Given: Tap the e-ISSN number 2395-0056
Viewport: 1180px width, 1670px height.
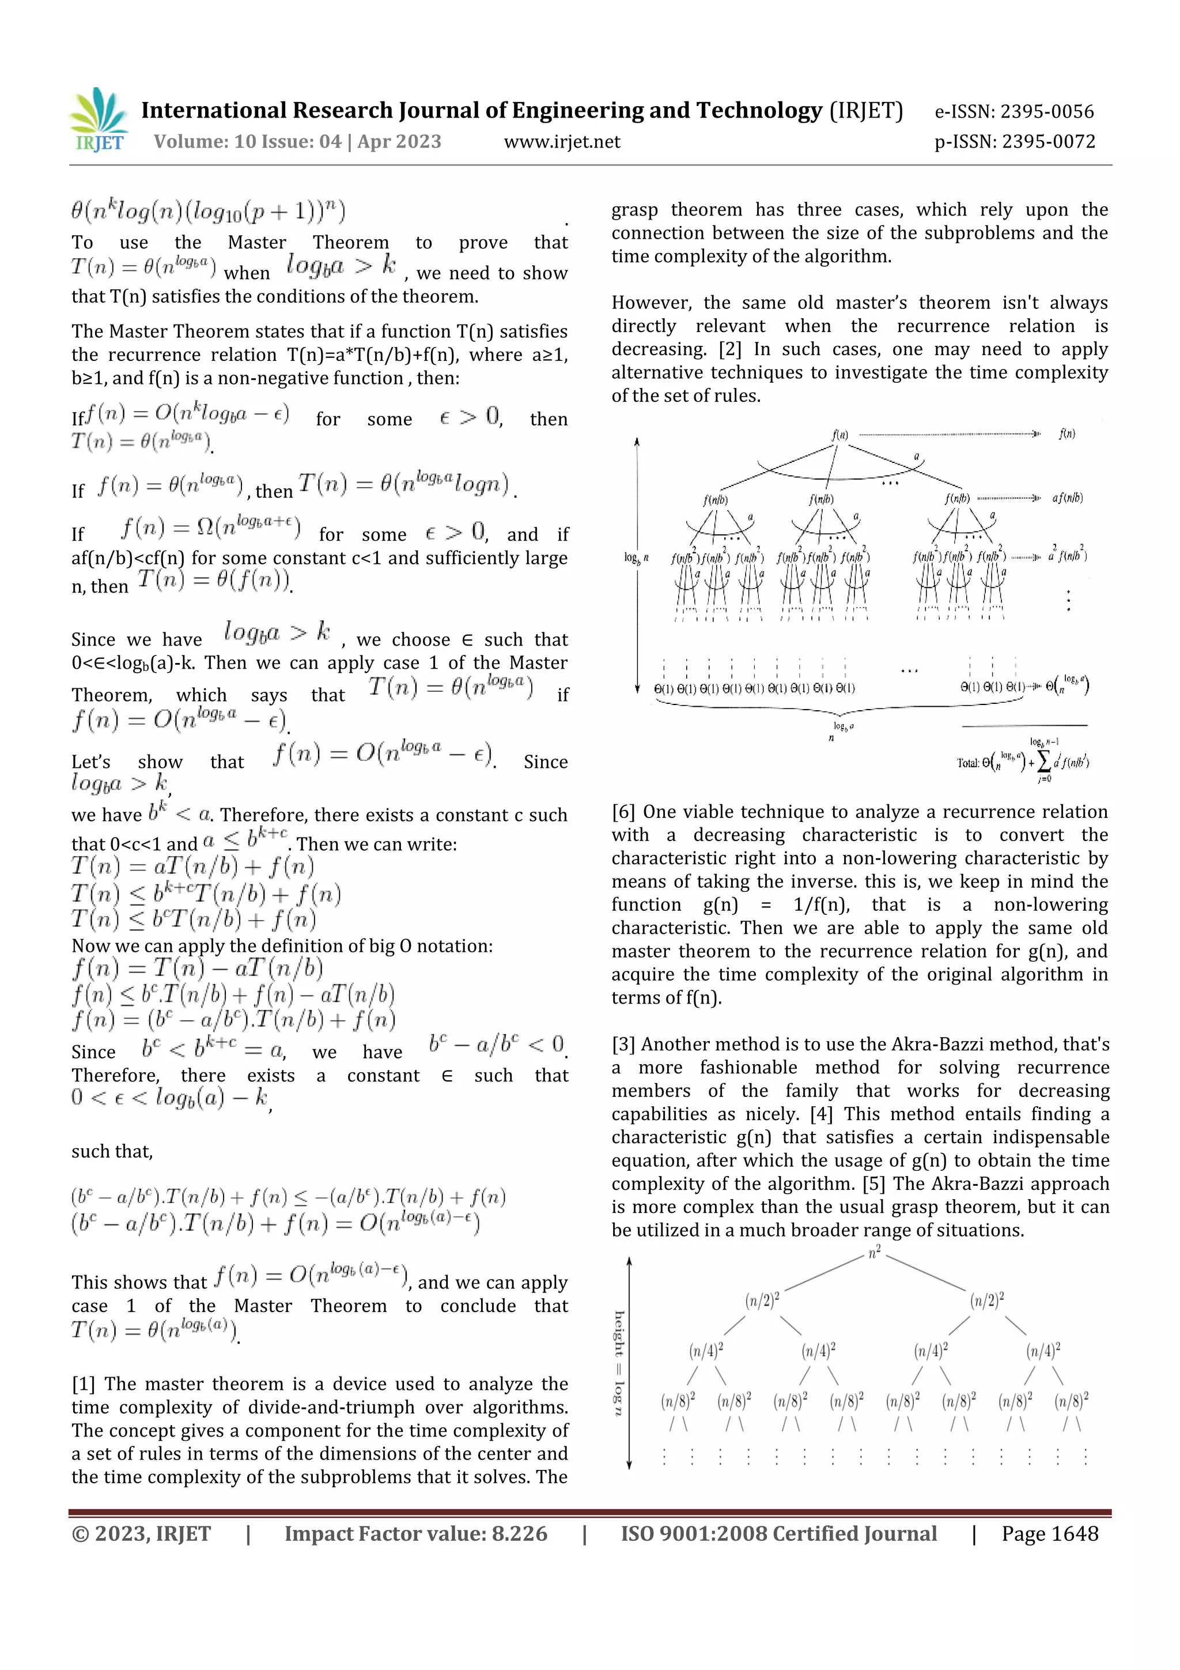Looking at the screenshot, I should click(x=1046, y=111).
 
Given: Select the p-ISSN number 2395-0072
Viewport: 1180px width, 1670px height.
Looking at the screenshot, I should click(x=1047, y=141).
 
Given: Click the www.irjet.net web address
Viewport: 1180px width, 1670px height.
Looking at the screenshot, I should click(x=562, y=141).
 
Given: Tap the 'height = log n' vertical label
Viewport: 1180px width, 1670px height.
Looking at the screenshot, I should click(x=619, y=1364).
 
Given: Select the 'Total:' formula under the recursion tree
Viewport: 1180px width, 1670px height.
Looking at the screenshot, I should click(x=1022, y=762).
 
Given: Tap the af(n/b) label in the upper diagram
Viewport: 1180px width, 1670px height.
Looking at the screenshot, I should click(x=1066, y=498).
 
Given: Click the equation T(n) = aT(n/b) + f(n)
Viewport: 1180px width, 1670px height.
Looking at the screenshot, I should click(x=192, y=866).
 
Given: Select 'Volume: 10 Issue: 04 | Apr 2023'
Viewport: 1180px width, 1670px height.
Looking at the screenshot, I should click(x=297, y=141).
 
